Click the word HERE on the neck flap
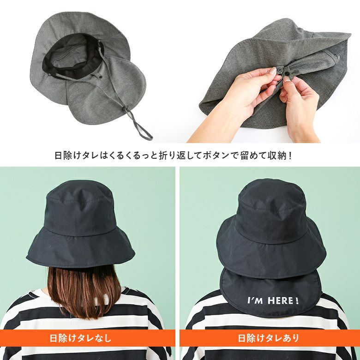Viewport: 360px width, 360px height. [x=280, y=300]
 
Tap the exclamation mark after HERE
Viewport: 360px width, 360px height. [x=297, y=300]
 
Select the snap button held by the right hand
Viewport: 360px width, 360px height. [x=287, y=73]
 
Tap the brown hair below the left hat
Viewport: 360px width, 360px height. [x=84, y=292]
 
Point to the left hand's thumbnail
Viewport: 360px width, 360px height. [x=273, y=71]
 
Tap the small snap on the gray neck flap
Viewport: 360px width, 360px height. [x=101, y=78]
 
